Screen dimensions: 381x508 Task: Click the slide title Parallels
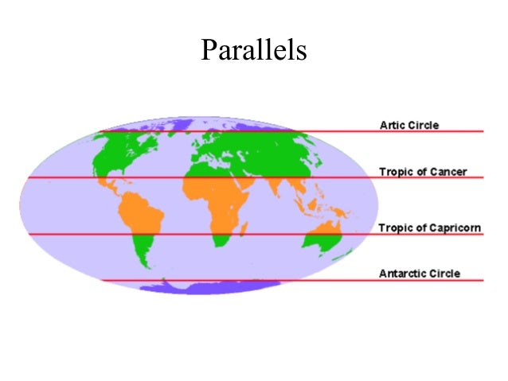(253, 50)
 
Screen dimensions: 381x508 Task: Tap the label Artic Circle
(409, 125)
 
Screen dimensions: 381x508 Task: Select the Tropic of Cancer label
(423, 171)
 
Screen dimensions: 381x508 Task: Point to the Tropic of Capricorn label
(430, 228)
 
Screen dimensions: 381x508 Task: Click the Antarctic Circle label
(420, 274)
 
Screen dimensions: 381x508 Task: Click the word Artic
(391, 125)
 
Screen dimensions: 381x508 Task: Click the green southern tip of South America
(144, 255)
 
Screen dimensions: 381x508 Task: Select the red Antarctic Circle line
(239, 280)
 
